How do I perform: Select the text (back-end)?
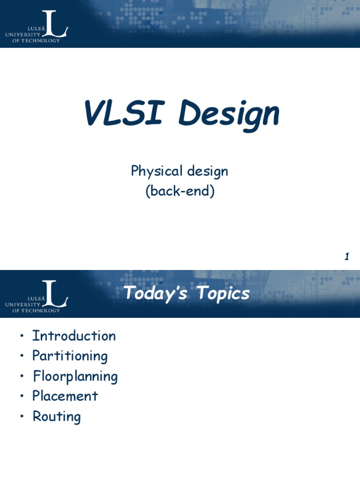[x=180, y=192]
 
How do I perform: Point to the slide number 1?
[x=347, y=257]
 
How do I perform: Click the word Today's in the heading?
[x=157, y=294]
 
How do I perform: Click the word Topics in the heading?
[x=223, y=294]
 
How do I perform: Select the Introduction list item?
[x=74, y=336]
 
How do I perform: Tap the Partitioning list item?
[x=70, y=357]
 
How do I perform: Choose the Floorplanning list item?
[x=75, y=377]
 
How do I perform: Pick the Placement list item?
[x=65, y=396]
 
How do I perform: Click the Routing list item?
[x=57, y=417]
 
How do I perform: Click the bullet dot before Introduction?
[x=21, y=337]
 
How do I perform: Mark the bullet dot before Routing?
[x=21, y=417]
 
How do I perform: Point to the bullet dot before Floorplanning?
[x=21, y=377]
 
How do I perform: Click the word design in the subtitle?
[x=208, y=172]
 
